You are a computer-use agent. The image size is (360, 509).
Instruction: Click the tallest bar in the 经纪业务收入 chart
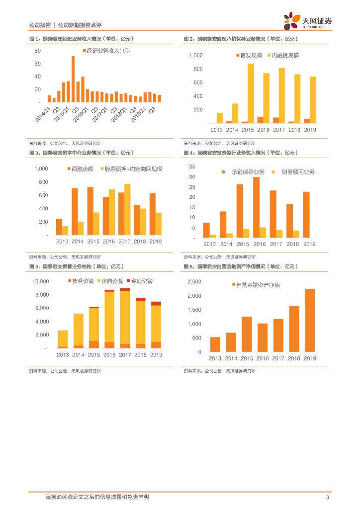73,79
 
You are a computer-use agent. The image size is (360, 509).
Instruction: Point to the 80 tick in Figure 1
38,51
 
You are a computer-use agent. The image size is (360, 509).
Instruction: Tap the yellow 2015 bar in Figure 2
251,93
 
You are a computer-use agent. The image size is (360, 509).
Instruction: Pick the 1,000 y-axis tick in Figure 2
196,55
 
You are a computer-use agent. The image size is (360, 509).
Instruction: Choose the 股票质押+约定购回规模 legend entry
131,169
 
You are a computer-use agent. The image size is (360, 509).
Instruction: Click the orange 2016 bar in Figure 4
256,208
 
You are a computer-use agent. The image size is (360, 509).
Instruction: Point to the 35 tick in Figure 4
192,167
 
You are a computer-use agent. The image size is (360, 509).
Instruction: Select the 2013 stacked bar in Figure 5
63,339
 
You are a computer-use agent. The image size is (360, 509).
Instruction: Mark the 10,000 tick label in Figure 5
40,281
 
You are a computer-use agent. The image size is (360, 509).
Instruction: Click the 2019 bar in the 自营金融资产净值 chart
310,321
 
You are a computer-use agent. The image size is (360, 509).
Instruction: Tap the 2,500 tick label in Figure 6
194,282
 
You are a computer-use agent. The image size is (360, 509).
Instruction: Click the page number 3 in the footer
327,498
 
